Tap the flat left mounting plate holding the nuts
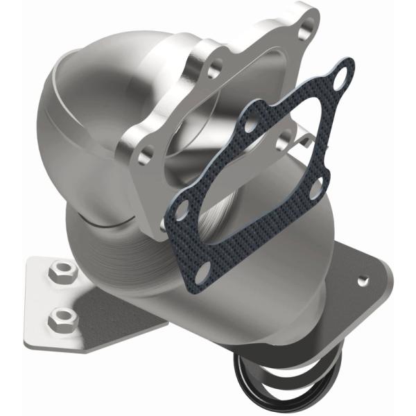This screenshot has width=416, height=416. (42, 305)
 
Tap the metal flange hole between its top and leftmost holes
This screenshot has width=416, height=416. (214, 69)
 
